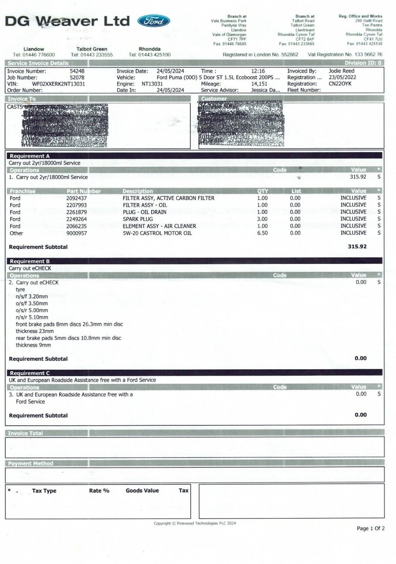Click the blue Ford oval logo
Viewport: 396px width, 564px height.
pos(154,21)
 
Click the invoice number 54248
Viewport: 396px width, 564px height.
pos(77,71)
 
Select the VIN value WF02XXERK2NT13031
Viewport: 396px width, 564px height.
pos(58,84)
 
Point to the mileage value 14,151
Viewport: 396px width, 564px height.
pos(259,84)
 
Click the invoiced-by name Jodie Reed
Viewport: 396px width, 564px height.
pos(341,71)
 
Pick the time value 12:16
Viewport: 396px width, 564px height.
pos(258,71)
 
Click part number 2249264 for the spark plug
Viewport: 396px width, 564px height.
pos(77,219)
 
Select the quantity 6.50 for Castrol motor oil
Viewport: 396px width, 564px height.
pos(262,233)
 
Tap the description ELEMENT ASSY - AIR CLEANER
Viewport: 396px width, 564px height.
pos(159,226)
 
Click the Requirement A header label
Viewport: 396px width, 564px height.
pos(30,156)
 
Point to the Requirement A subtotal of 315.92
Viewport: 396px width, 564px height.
pos(357,246)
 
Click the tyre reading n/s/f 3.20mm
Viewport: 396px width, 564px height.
pos(32,296)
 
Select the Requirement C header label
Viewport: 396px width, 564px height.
pos(30,373)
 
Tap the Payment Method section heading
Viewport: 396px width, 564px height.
pos(31,464)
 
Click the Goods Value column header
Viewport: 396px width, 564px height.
pos(142,491)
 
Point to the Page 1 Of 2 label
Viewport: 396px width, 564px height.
pos(370,528)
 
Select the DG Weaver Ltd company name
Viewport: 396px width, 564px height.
pos(67,21)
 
